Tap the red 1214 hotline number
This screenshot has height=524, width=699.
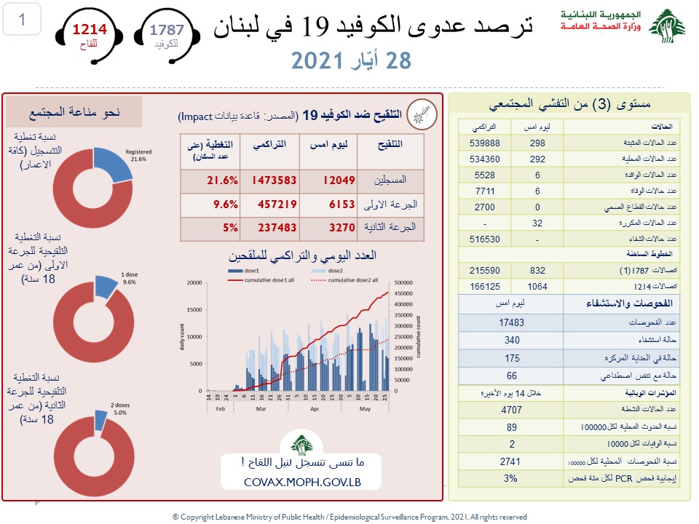pos(88,30)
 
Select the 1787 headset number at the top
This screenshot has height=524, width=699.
pos(167,31)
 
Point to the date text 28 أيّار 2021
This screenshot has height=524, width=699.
pos(352,60)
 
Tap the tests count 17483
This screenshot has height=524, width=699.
pos(513,322)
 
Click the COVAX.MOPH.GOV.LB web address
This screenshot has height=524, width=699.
pos(301,483)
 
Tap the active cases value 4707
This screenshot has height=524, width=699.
pos(513,409)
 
